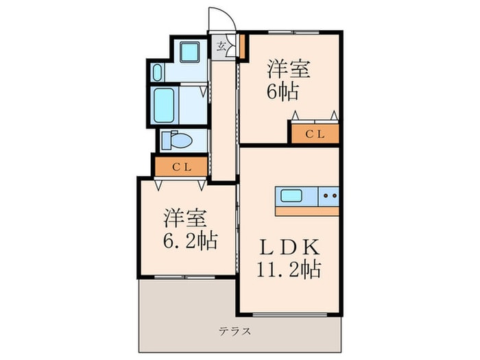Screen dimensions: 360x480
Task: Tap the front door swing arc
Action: [x=226, y=17]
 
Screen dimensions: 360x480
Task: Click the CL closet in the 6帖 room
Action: [x=315, y=134]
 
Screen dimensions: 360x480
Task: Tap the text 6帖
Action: [x=281, y=91]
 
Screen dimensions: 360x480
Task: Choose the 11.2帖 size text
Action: [x=288, y=269]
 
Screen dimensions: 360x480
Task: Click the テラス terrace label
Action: [x=235, y=331]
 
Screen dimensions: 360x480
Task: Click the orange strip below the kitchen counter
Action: [x=307, y=211]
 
